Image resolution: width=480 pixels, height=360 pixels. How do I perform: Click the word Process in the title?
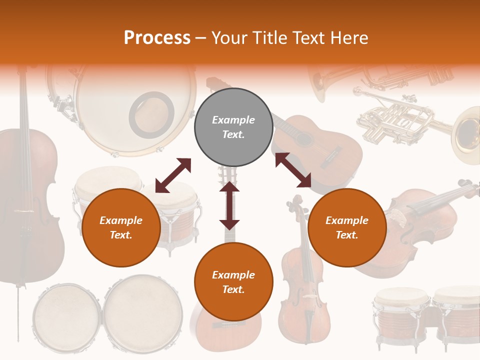157,38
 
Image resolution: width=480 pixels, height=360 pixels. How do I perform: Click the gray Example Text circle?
233,127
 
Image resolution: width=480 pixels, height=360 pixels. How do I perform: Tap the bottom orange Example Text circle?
233,282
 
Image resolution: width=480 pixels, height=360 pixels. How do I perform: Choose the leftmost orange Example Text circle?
121,227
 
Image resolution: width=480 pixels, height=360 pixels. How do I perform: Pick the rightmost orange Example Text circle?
347,227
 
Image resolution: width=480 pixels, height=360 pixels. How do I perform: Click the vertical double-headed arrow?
229,206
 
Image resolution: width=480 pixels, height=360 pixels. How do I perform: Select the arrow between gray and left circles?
173,175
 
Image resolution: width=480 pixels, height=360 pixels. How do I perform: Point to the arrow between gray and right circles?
293,170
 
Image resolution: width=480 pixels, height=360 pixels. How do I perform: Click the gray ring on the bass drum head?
151,115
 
